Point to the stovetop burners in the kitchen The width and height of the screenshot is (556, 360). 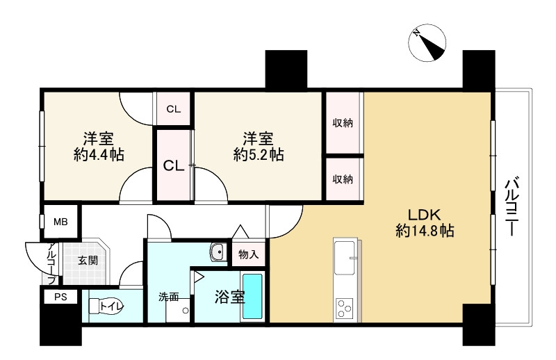(x=345, y=306)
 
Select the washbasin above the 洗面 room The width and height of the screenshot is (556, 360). (x=218, y=252)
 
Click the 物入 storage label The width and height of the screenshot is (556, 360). (x=248, y=255)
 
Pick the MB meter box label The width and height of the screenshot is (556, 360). (x=61, y=222)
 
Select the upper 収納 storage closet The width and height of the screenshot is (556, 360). (x=342, y=123)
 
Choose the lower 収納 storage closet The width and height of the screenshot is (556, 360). (x=342, y=179)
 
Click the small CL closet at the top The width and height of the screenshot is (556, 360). (x=173, y=109)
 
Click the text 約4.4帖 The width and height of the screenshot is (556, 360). (x=99, y=155)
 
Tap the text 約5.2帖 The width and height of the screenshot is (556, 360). (x=258, y=155)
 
